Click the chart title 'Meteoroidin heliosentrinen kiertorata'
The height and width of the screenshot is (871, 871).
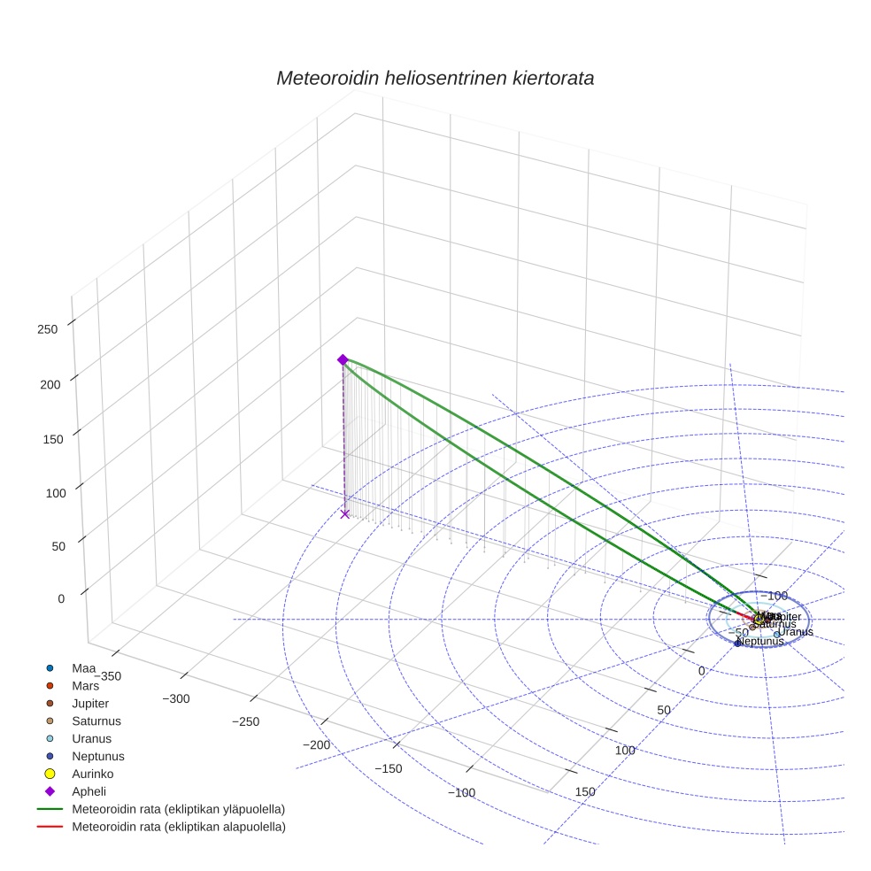(435, 78)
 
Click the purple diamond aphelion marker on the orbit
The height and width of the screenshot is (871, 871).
(343, 359)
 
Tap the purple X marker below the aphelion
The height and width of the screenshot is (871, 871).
(345, 513)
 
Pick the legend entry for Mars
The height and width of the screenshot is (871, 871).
(85, 685)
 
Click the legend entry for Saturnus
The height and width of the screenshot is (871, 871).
(96, 721)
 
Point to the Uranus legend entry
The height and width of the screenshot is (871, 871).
(91, 738)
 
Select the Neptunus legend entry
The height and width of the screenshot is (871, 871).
(97, 756)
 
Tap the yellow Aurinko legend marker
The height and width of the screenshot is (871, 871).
(50, 774)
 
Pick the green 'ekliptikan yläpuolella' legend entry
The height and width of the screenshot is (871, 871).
(178, 809)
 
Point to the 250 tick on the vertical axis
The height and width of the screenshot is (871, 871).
(48, 329)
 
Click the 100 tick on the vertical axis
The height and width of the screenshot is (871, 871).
(48, 492)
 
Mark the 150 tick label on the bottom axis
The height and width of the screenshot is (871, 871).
(585, 790)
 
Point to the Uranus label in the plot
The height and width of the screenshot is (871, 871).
(795, 632)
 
